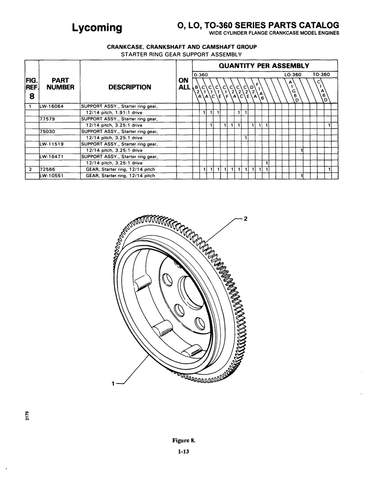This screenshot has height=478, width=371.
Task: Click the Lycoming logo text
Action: pos(97,28)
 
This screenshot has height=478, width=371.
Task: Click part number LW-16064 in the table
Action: pos(51,106)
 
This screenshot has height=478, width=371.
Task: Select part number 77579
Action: pos(47,119)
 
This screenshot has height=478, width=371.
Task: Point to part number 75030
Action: pos(47,131)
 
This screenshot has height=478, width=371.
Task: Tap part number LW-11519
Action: pos(51,144)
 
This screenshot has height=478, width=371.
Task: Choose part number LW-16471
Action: pos(51,157)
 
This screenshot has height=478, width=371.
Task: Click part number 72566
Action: pos(47,169)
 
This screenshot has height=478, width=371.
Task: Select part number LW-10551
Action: pos(51,176)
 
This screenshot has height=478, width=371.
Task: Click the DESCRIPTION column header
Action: pos(130,87)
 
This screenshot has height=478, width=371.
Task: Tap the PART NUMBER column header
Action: pos(60,84)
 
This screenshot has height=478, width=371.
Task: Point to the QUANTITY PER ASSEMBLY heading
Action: pos(264,66)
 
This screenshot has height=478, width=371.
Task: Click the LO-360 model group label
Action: pos(293,74)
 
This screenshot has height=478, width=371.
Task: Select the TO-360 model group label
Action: pos(322,74)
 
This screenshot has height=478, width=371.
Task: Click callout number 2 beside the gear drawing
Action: pos(246,219)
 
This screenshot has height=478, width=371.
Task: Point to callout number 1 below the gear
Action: pos(113,384)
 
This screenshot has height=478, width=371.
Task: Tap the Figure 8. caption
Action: pos(184,441)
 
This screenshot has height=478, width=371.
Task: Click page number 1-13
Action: pos(184,452)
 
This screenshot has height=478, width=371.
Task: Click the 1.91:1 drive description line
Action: pos(114,113)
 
